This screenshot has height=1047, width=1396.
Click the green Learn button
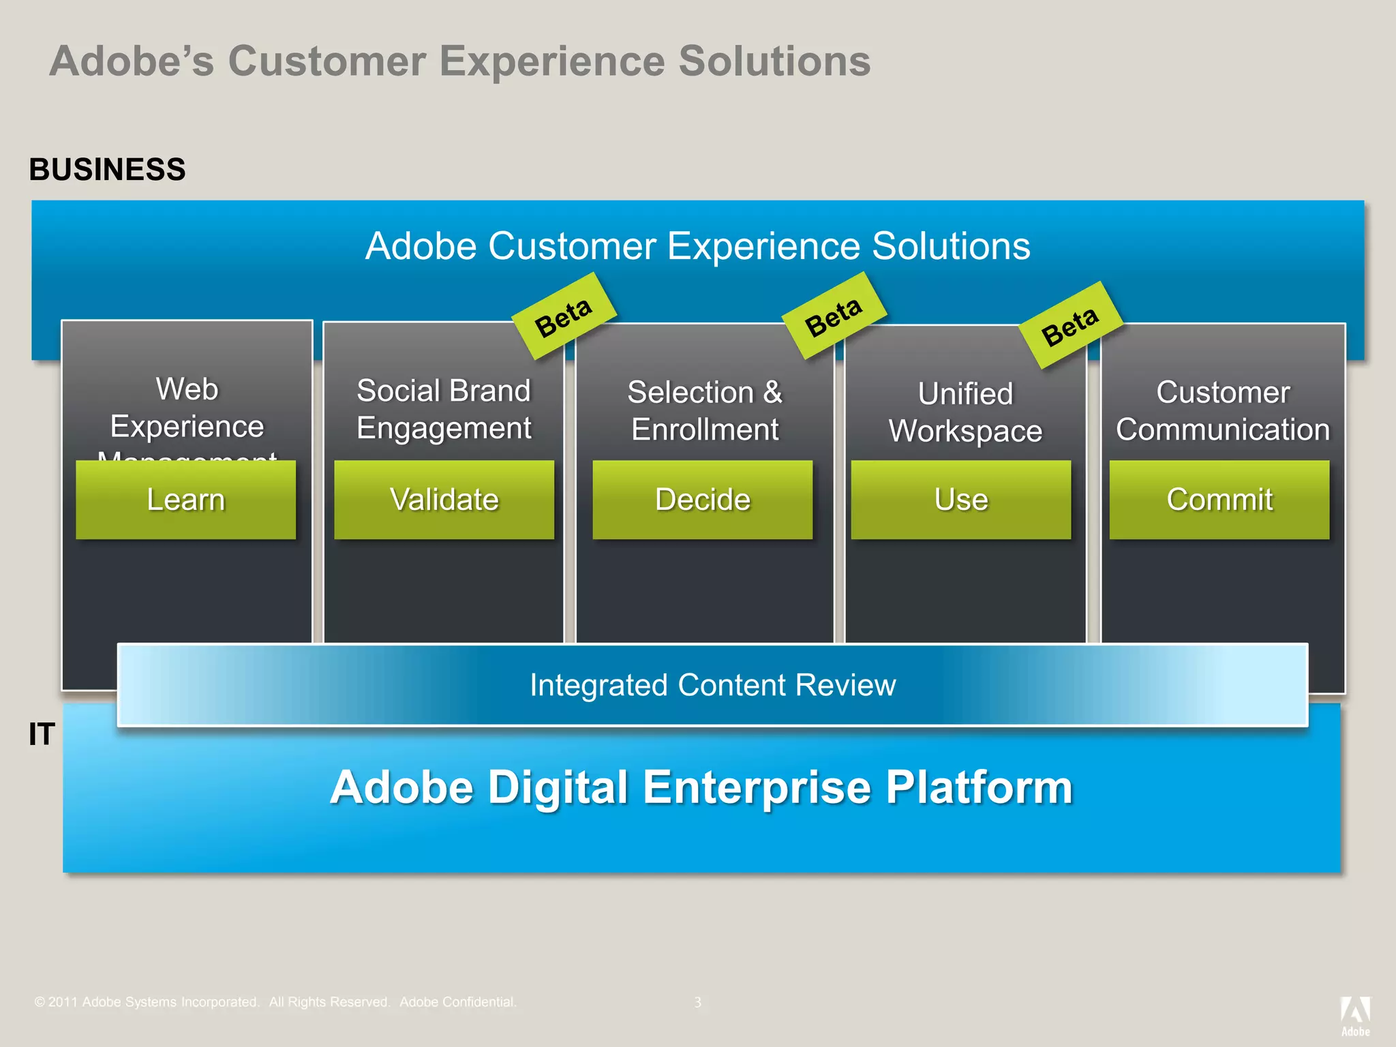point(185,500)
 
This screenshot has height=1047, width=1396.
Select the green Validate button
point(444,500)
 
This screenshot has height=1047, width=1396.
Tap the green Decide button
point(702,500)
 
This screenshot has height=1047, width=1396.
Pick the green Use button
point(960,500)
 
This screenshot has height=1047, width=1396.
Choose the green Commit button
point(1219,500)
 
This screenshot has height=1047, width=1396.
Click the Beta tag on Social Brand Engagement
point(564,317)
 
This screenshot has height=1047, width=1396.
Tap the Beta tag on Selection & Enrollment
point(834,316)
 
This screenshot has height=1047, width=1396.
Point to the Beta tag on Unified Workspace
point(1070,326)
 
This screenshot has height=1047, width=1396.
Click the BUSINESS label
point(107,169)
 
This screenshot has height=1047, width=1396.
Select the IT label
point(42,734)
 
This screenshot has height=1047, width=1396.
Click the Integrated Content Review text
point(712,685)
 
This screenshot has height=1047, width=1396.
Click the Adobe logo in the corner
point(1355,1016)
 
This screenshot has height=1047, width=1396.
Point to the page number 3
point(697,1002)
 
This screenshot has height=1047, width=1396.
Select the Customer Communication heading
point(1223,411)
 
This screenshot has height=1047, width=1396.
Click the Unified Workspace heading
point(965,412)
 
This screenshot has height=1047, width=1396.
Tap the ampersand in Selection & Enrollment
point(772,392)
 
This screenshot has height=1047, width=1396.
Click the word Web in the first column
point(187,389)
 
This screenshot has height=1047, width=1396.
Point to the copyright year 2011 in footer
point(63,1002)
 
